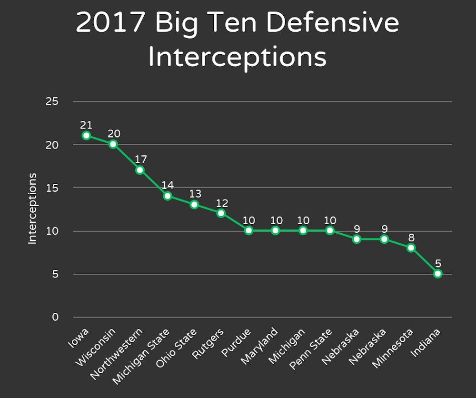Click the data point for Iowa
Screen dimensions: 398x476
tap(86, 136)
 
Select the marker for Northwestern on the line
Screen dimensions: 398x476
tap(140, 170)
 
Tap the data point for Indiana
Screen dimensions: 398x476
tap(438, 274)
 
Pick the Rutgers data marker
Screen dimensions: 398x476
tap(221, 213)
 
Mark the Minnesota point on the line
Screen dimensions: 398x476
tap(411, 248)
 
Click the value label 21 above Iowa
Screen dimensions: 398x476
tap(86, 125)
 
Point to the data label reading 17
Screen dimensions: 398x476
tap(140, 159)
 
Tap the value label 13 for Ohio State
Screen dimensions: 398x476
tap(194, 194)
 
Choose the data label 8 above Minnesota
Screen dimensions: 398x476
tap(411, 237)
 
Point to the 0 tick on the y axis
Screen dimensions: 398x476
tap(55, 317)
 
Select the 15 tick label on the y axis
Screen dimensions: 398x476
tap(52, 188)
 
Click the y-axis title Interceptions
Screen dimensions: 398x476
tap(32, 209)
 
